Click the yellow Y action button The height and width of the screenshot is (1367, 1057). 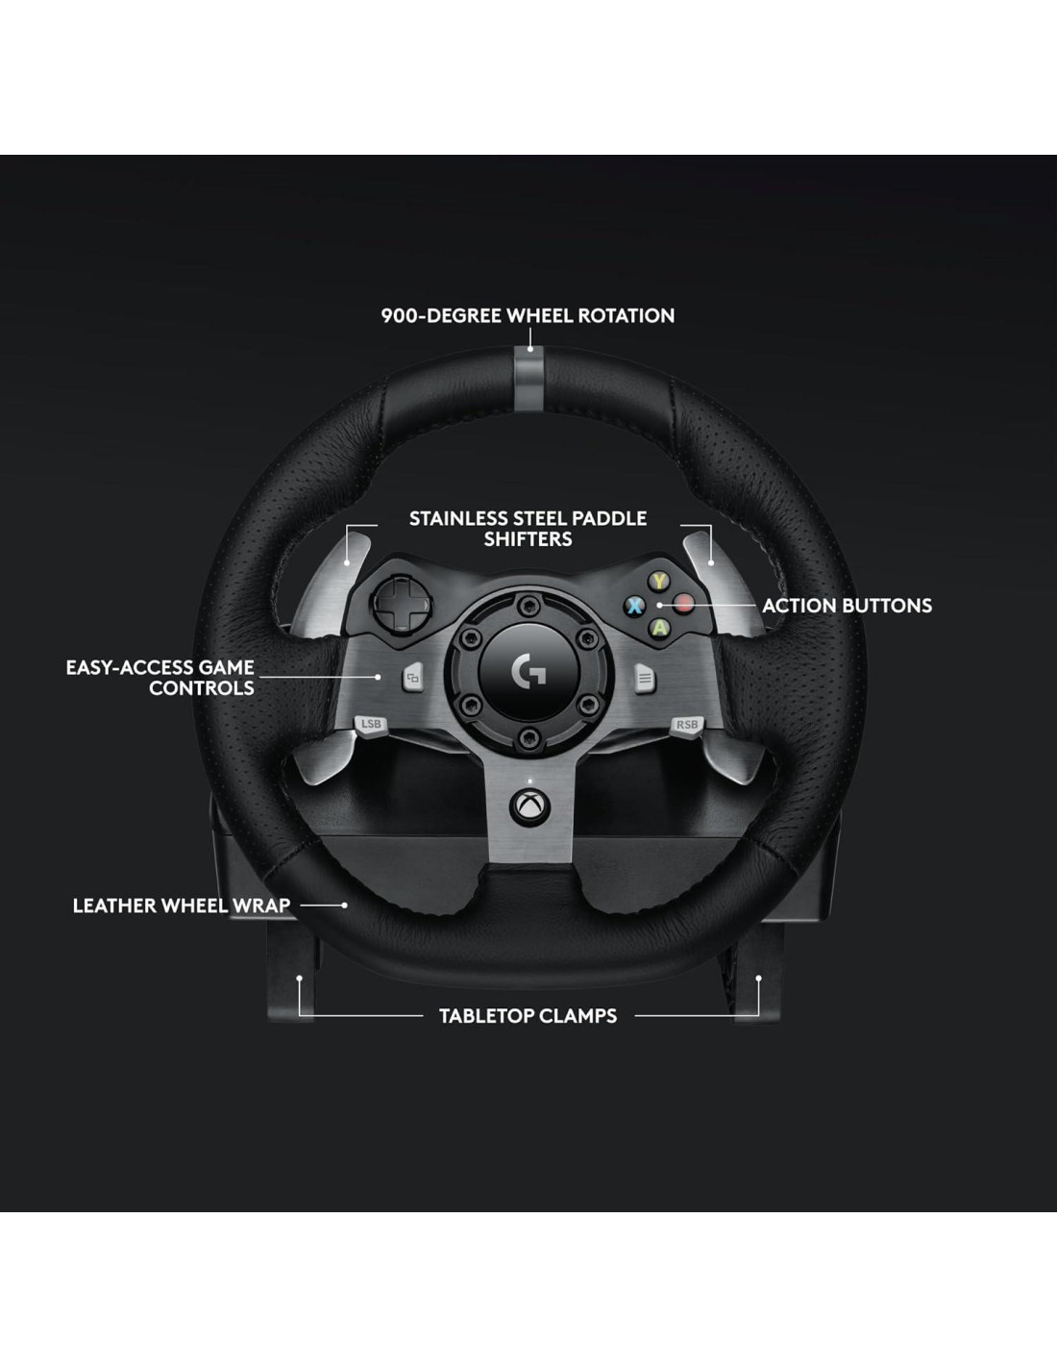coord(658,582)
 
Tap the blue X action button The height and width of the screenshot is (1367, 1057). coord(634,606)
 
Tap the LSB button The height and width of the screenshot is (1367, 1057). coord(371,724)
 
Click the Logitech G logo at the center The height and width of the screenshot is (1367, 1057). coord(528,672)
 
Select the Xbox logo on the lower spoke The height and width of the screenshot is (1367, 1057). coord(527,808)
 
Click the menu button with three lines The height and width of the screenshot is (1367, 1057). coord(645,679)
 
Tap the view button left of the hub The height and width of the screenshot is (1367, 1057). coord(412,679)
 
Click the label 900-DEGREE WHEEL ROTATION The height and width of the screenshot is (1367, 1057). coord(528,315)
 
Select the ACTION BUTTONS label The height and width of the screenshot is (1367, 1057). coord(847,606)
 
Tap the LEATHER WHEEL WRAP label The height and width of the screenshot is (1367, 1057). coord(182,906)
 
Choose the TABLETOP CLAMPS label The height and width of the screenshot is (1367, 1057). coord(528,1016)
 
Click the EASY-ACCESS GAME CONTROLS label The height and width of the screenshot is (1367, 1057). coord(160,678)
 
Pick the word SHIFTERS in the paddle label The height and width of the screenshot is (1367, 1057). coord(528,539)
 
